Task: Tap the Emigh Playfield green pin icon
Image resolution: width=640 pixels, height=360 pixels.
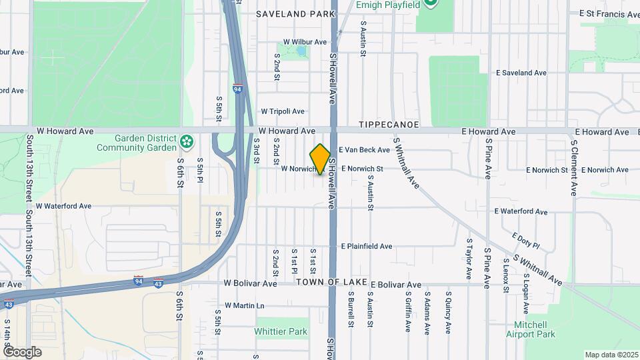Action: [x=431, y=4]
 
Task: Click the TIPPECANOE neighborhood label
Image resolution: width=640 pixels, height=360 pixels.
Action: [x=389, y=125]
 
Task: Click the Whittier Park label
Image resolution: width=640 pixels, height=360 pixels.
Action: [x=281, y=331]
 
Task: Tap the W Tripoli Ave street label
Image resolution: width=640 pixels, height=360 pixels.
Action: [x=283, y=111]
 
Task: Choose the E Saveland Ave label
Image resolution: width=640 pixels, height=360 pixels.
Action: [x=521, y=73]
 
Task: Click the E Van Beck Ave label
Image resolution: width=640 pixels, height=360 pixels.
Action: [x=364, y=151]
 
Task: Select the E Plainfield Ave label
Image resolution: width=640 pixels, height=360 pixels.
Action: [x=367, y=247]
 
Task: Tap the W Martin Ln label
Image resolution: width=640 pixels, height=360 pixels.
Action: [x=245, y=306]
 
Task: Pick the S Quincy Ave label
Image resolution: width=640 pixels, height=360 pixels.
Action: [x=449, y=311]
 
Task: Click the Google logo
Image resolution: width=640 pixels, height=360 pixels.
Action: [x=22, y=351]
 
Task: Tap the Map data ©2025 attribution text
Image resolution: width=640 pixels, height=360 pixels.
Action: [x=611, y=354]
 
